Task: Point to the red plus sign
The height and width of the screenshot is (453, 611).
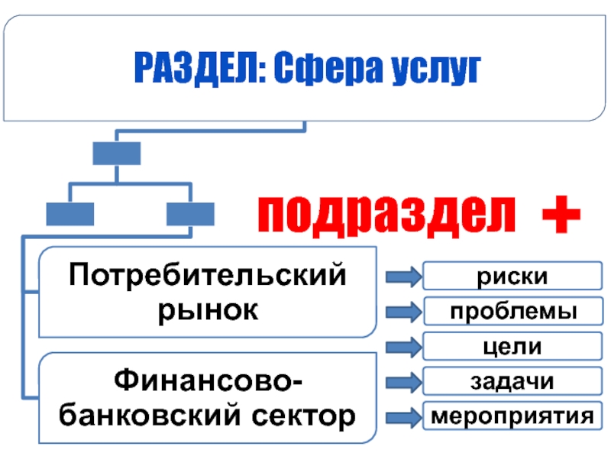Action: (x=560, y=214)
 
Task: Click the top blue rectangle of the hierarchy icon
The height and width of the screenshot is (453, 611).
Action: (x=116, y=154)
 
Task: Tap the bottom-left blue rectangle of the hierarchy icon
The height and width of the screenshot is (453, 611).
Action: (x=70, y=213)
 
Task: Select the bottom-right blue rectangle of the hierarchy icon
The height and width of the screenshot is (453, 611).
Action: (x=190, y=213)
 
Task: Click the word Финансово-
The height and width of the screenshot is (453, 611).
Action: (x=207, y=380)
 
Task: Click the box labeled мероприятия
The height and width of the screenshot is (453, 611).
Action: (x=507, y=416)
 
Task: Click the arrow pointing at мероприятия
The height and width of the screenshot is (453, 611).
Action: (x=402, y=417)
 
